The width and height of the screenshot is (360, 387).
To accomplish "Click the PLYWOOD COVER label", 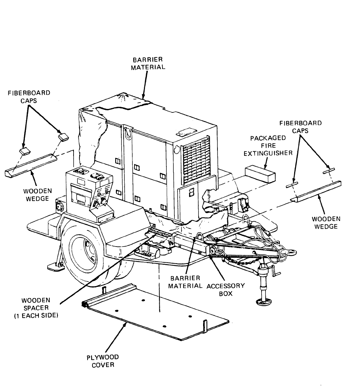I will (103, 361).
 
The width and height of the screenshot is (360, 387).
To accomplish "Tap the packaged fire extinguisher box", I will (259, 173).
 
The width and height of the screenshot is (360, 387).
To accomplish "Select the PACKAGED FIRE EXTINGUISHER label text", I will (268, 145).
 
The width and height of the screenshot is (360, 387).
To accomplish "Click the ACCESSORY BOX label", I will (226, 290).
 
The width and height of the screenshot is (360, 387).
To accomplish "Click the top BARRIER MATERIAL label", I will (148, 63).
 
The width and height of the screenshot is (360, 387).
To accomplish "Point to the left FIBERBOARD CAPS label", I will (29, 96).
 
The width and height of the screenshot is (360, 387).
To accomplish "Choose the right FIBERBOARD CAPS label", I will (300, 127).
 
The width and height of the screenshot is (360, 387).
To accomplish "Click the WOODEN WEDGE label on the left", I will (37, 195).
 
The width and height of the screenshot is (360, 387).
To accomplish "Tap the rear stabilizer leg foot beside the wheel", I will (55, 268).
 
